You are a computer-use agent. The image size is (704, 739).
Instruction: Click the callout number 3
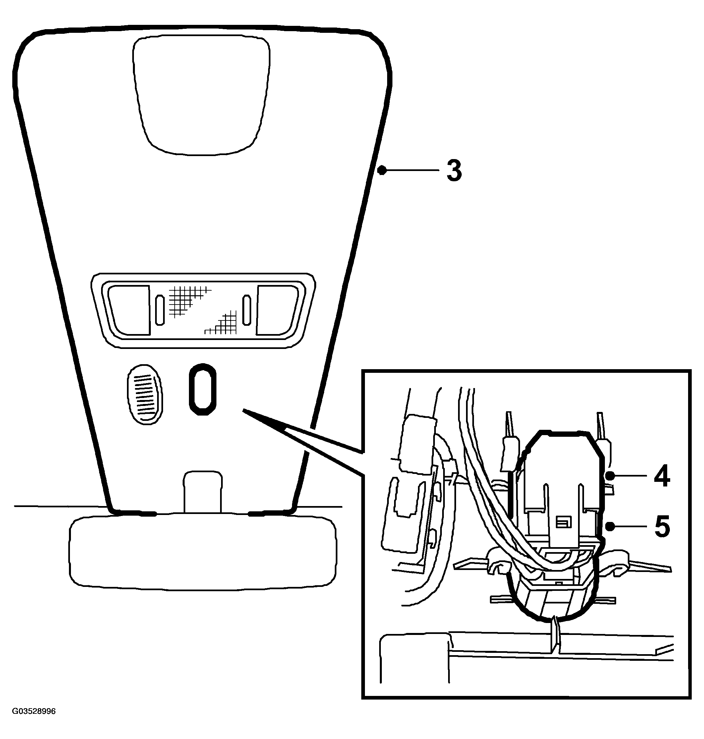point(454,171)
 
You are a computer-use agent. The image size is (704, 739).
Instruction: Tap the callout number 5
point(662,527)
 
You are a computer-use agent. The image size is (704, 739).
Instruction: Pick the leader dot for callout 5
point(610,527)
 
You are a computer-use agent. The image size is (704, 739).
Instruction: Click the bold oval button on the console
point(202,389)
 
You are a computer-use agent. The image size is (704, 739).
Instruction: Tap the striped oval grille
point(145,394)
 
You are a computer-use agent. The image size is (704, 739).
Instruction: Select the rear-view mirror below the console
point(203,553)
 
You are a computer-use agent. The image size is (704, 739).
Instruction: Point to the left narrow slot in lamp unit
point(160,310)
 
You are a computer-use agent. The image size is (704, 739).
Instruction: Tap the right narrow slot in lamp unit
point(247,310)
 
